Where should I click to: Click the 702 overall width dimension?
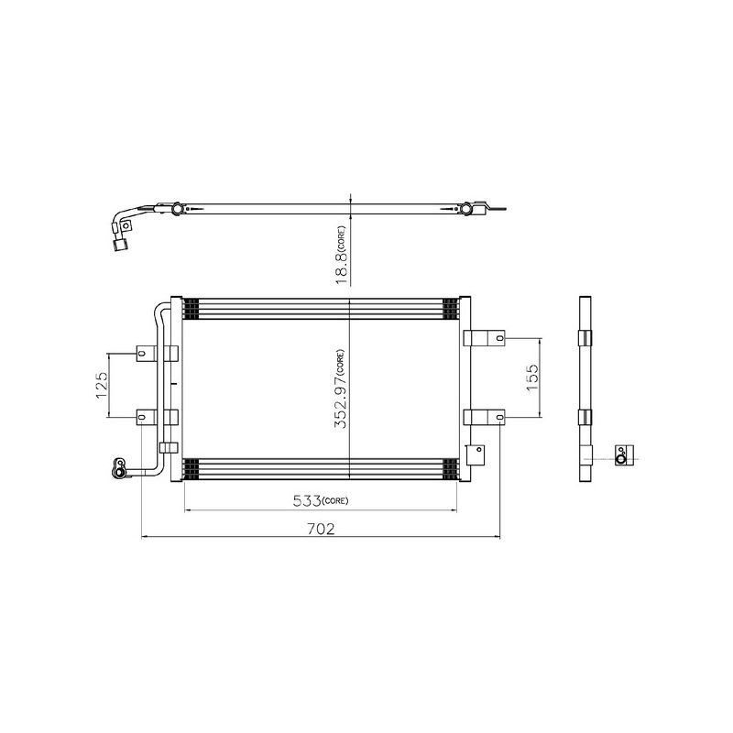[321, 529]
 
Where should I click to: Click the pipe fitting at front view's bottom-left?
[119, 466]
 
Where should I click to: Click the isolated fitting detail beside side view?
[622, 454]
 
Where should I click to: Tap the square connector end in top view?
[118, 244]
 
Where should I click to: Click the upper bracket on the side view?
[585, 337]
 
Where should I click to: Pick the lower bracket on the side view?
[585, 418]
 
